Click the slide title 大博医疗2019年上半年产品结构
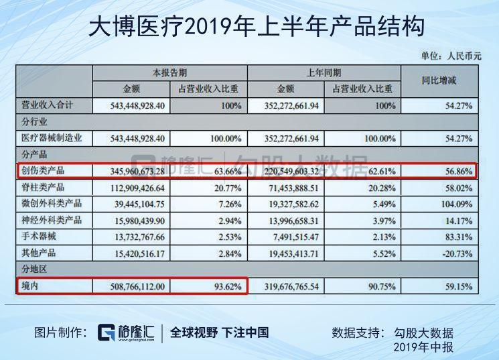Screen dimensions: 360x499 click(249, 26)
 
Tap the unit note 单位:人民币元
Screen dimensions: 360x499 click(451, 56)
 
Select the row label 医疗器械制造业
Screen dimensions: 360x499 click(52, 138)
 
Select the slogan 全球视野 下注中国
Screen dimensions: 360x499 click(219, 332)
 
